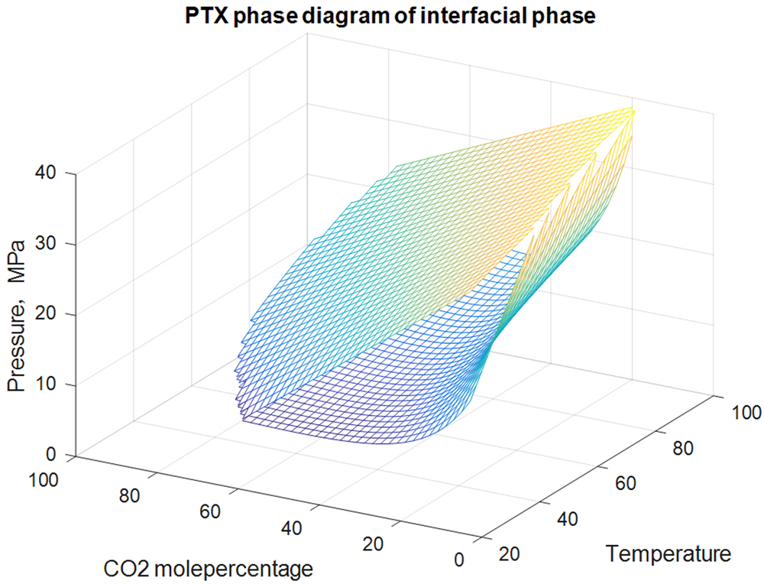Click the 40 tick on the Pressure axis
click(x=52, y=174)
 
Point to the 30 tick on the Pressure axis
click(x=52, y=244)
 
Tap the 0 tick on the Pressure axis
click(x=57, y=455)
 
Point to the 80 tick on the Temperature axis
click(x=682, y=447)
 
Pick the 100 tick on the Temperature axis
click(x=740, y=414)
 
